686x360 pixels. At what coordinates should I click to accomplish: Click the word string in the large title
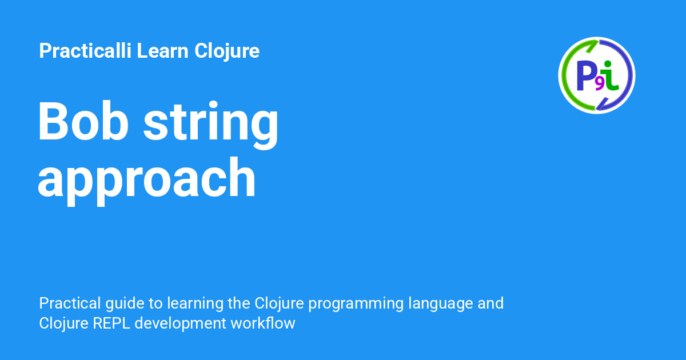[211, 123]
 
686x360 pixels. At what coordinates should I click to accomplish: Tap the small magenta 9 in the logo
[599, 84]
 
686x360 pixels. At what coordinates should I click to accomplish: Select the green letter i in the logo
[611, 75]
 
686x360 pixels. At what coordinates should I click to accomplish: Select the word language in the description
[438, 303]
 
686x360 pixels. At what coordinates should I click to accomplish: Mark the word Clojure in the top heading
[227, 51]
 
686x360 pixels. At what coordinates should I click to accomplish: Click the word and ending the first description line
[490, 303]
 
